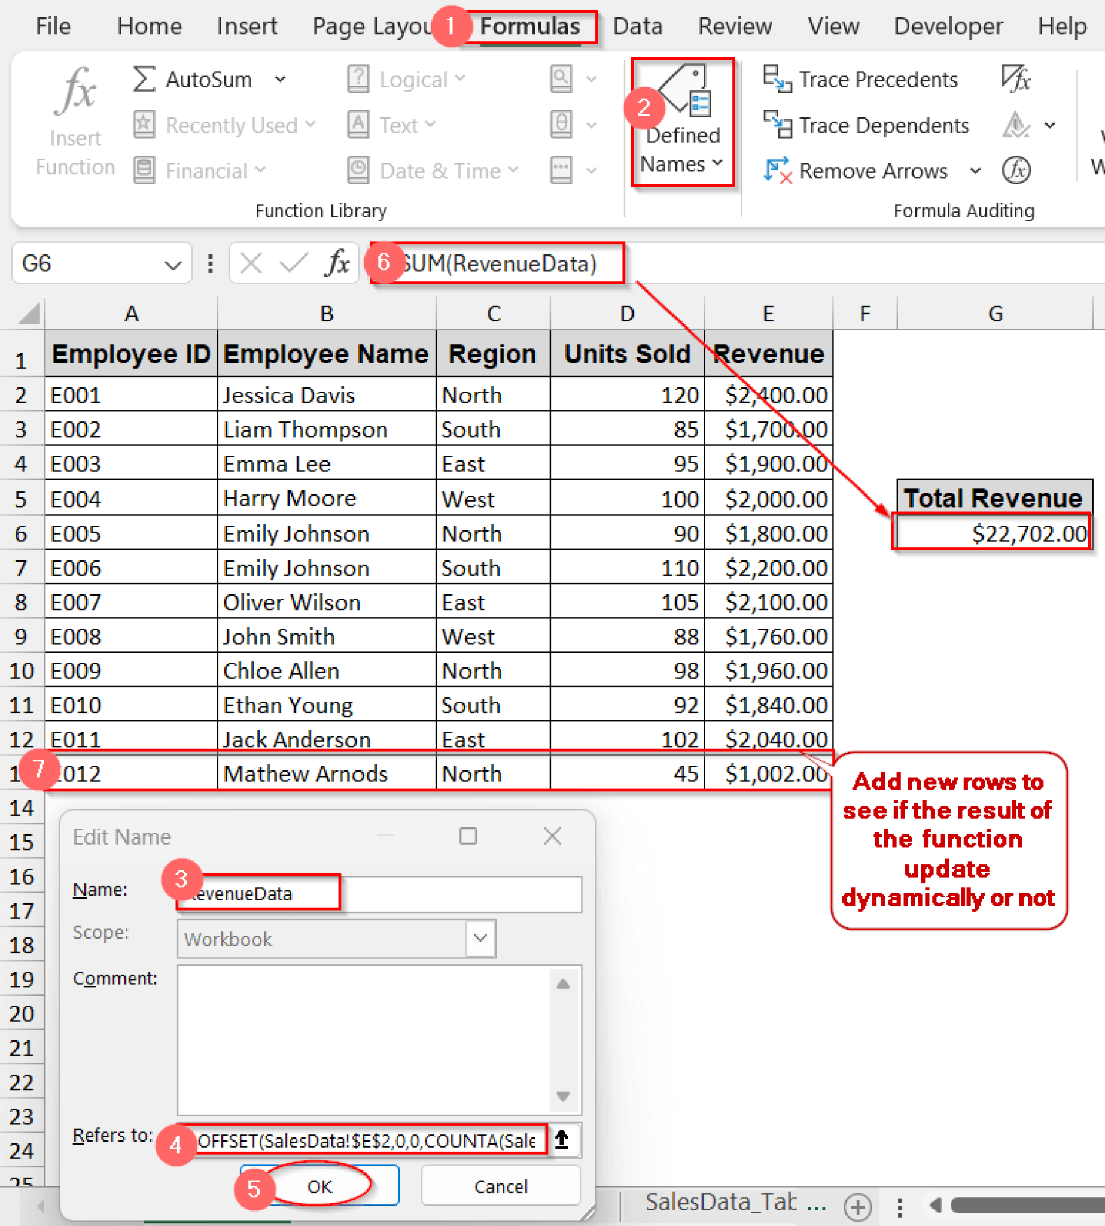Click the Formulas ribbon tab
(529, 27)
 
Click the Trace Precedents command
(861, 80)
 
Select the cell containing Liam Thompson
(325, 430)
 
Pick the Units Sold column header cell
(626, 354)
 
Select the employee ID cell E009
(130, 670)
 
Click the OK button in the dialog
(319, 1186)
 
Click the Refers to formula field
(367, 1140)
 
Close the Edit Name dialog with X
(552, 836)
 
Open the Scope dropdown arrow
(480, 939)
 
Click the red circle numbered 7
(39, 769)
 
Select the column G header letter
(994, 314)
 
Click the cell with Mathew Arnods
(325, 773)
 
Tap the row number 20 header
(22, 1013)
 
